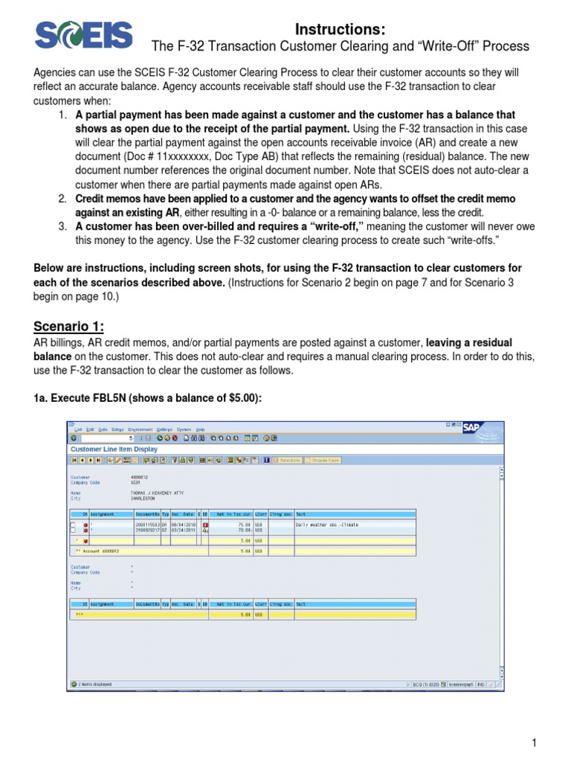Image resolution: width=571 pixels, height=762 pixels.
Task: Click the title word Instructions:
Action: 341,29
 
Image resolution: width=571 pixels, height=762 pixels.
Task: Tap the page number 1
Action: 534,743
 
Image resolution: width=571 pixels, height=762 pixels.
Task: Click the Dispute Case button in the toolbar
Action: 320,461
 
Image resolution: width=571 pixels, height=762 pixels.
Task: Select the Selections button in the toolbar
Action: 288,461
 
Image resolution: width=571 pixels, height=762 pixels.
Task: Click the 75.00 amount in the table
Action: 244,525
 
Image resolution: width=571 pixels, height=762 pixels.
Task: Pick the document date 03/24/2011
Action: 184,530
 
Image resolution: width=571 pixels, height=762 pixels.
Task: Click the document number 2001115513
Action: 148,525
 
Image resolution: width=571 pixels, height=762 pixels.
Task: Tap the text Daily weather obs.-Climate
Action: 328,525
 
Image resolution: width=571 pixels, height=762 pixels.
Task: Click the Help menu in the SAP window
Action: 200,429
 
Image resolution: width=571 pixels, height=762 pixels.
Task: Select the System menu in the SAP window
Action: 183,429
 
